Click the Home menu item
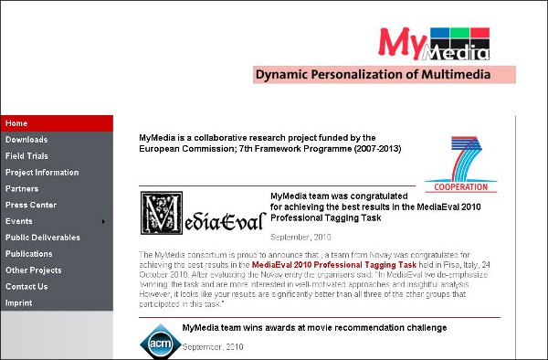17,123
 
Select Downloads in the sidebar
26,140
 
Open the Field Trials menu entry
27,156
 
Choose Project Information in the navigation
42,173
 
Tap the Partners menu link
22,189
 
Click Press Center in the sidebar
31,205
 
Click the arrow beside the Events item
103,221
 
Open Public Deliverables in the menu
43,238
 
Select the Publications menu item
29,254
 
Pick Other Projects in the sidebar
34,270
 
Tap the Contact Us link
26,287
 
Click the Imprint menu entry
19,303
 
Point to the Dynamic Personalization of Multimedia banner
385,75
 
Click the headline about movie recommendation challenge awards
314,327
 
